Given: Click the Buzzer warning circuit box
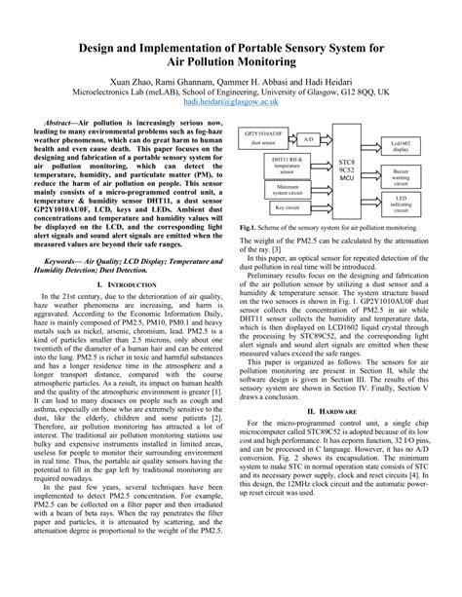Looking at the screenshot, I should pyautogui.click(x=402, y=176).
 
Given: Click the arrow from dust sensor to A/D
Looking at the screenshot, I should pyautogui.click(x=294, y=138).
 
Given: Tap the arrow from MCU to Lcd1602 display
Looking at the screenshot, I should pyautogui.click(x=372, y=149).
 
